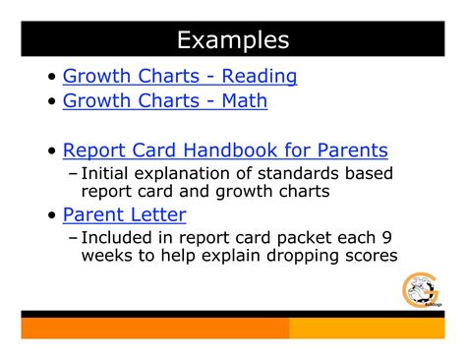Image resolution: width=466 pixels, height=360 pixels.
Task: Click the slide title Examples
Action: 233,39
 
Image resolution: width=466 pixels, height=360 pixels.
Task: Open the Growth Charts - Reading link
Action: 179,75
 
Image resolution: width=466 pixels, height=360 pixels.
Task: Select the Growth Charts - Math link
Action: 164,99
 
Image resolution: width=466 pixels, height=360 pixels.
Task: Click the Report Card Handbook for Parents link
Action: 225,150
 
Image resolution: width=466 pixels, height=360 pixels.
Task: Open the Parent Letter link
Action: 124,213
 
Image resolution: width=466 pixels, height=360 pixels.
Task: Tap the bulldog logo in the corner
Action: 423,291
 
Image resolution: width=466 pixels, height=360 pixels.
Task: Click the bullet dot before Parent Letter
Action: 51,214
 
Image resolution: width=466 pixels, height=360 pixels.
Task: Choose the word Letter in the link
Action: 157,213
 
